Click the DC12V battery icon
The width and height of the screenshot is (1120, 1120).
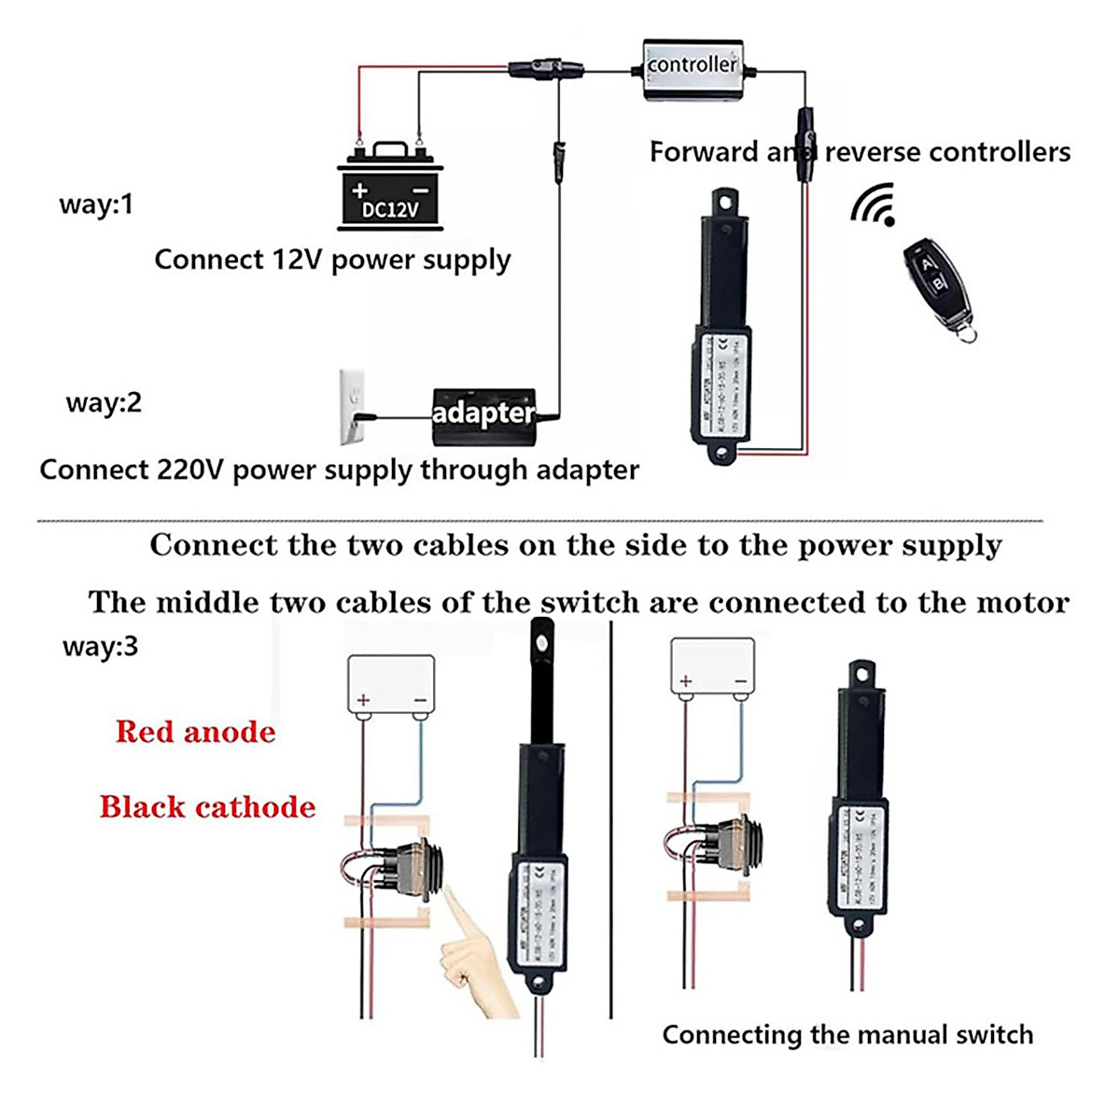point(390,188)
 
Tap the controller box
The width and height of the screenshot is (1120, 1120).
point(693,68)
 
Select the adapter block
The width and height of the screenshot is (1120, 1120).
point(483,411)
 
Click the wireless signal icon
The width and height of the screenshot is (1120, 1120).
point(875,204)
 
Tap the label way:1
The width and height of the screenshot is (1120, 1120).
point(96,204)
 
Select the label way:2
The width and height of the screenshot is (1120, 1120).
point(104,403)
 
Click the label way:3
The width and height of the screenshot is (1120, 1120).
point(100,646)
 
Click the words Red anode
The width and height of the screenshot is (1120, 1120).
point(196,732)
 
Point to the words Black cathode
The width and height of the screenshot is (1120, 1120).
point(208,807)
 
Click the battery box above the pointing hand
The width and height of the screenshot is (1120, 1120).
point(391,685)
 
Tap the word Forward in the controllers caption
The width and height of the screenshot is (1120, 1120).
point(704,152)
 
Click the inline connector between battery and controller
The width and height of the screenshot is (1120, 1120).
point(545,69)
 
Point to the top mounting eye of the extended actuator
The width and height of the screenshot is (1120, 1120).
point(540,640)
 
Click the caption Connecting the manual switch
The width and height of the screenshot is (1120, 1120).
point(847,1034)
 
